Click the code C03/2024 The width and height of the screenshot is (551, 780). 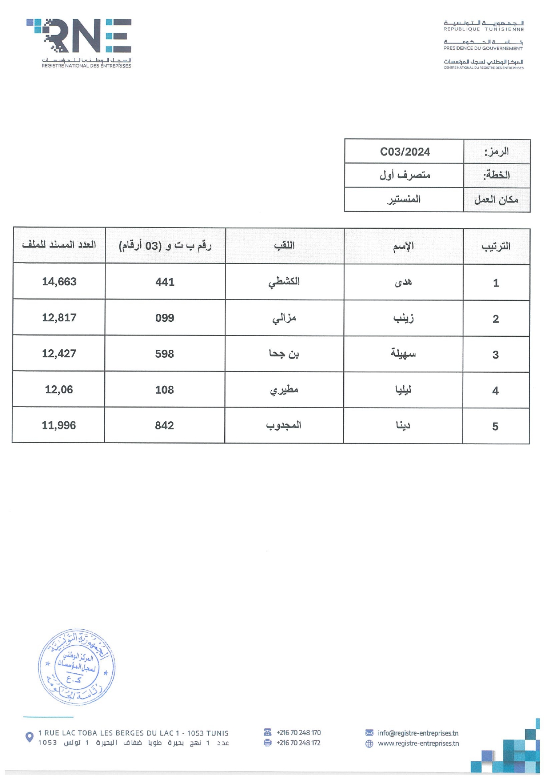tap(405, 152)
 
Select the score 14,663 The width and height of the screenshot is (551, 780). tap(59, 282)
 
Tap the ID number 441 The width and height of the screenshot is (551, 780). tap(165, 282)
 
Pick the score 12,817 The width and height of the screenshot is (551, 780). tap(59, 318)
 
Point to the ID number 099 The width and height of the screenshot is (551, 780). tap(165, 318)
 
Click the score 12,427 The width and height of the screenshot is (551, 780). tap(59, 354)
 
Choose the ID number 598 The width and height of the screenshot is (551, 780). tap(164, 354)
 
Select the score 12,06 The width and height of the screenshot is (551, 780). tap(59, 390)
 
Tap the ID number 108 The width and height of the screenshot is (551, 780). tap(164, 390)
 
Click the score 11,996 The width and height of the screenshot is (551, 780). tap(59, 426)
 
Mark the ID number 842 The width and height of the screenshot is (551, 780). tap(164, 426)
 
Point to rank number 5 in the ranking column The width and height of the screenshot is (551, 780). tap(495, 427)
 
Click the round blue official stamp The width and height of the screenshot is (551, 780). tap(76, 667)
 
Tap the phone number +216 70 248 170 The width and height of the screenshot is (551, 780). tap(298, 732)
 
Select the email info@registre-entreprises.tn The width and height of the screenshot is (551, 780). tap(418, 733)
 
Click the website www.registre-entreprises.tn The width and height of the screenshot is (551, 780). tap(418, 743)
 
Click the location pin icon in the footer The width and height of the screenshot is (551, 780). tap(29, 737)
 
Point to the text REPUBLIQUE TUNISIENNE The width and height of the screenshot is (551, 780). tap(484, 29)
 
